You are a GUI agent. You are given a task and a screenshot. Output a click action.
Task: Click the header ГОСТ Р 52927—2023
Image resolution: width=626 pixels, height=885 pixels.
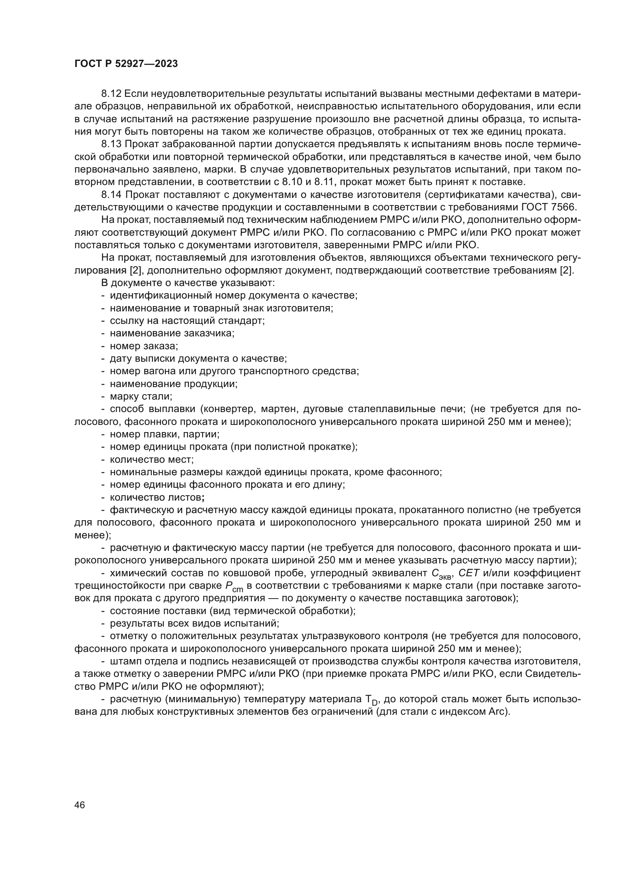coord(126,64)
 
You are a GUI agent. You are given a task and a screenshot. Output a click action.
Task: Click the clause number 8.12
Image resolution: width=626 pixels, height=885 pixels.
coord(111,94)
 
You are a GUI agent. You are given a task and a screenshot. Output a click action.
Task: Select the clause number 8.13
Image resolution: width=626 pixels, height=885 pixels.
coord(111,144)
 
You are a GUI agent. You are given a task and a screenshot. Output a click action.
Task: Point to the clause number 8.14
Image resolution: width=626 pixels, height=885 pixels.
coord(111,194)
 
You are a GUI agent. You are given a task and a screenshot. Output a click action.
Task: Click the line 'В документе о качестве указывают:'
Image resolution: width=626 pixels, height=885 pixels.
coord(188,283)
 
